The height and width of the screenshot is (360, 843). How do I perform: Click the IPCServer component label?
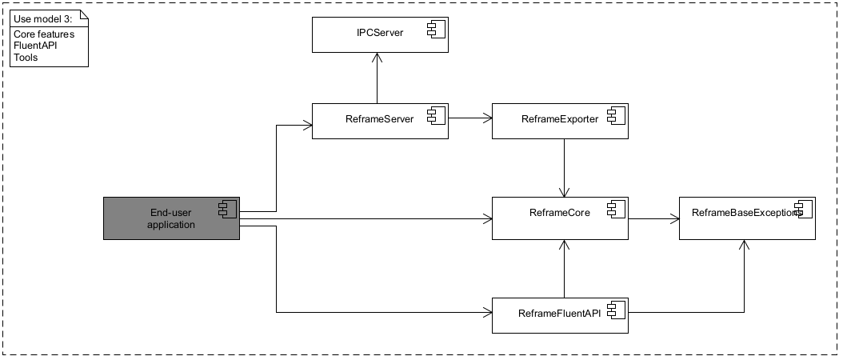click(x=380, y=34)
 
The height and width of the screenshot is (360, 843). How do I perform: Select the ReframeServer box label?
click(x=379, y=119)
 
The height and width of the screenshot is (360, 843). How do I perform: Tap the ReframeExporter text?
click(x=559, y=119)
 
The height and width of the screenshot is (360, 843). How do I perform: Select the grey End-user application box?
click(x=172, y=218)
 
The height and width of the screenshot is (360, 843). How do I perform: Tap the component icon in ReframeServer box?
click(x=437, y=117)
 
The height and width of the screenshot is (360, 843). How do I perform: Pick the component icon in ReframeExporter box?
click(x=617, y=117)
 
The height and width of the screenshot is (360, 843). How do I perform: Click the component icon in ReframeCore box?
click(x=617, y=210)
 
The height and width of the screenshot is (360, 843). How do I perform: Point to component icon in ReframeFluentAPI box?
click(x=617, y=310)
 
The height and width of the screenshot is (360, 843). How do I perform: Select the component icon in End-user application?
click(x=228, y=210)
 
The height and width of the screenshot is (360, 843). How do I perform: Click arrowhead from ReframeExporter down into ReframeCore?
click(x=565, y=193)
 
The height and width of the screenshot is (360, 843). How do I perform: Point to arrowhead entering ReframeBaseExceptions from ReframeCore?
click(x=674, y=218)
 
